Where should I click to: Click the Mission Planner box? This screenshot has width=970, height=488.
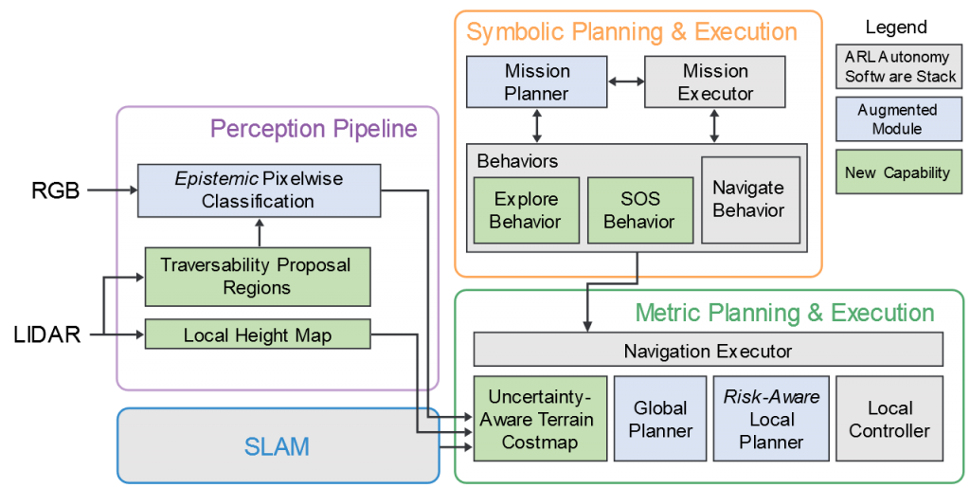tap(536, 81)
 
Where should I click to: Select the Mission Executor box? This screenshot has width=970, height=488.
tap(715, 81)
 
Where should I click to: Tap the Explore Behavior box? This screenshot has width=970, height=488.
tap(526, 210)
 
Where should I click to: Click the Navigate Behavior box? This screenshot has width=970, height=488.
tap(749, 200)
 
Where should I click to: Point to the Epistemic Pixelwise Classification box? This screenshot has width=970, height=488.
tap(258, 189)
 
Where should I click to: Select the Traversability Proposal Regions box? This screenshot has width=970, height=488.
tap(257, 276)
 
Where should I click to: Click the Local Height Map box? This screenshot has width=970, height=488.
tap(257, 335)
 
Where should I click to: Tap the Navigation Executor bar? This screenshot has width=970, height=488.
tap(707, 351)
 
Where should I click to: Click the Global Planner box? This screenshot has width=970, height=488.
tap(660, 419)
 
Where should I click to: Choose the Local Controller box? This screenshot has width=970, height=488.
tap(889, 419)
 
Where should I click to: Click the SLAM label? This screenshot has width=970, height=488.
tap(278, 445)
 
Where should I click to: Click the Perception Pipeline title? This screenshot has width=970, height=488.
tap(313, 128)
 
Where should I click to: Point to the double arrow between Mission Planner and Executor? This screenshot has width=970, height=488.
tap(625, 82)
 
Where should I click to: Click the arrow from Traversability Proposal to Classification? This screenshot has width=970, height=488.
tap(259, 231)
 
